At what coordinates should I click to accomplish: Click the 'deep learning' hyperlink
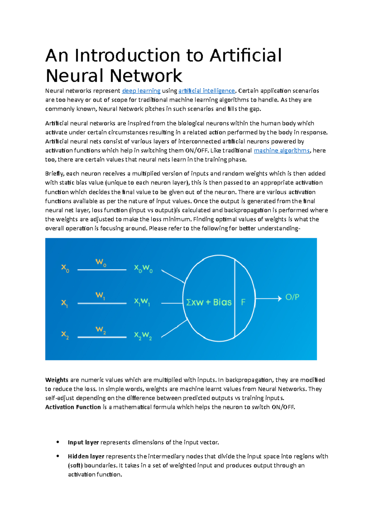click(x=141, y=91)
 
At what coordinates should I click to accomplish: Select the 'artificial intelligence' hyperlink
click(x=206, y=91)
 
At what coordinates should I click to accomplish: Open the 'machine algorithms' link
click(x=282, y=150)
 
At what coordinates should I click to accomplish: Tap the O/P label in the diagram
click(x=292, y=297)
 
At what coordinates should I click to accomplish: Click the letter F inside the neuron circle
click(x=243, y=302)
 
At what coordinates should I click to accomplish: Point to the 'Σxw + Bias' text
click(x=209, y=302)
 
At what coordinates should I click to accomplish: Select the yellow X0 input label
click(x=65, y=268)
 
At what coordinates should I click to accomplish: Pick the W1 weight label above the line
click(x=100, y=295)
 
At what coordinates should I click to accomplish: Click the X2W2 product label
click(x=143, y=336)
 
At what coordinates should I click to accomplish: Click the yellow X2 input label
click(x=65, y=335)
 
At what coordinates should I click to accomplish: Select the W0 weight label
click(x=101, y=262)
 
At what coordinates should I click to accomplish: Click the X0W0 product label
click(x=143, y=269)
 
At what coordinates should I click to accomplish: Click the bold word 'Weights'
click(x=56, y=380)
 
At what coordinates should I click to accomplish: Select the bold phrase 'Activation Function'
click(x=73, y=407)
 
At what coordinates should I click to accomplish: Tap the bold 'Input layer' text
click(x=83, y=442)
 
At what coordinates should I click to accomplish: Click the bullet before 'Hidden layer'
click(x=58, y=456)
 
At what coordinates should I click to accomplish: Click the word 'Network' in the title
click(x=146, y=76)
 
